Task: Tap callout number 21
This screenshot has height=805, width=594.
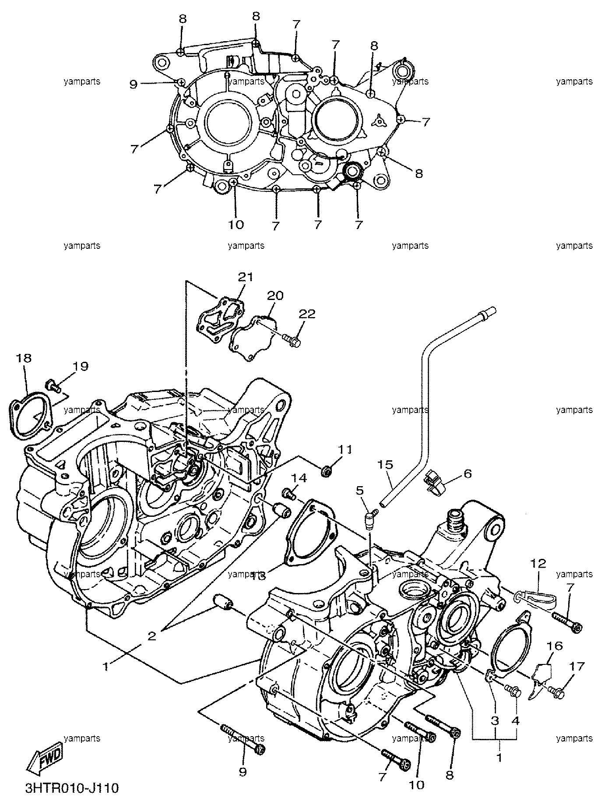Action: click(246, 277)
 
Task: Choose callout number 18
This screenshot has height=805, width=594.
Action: click(24, 358)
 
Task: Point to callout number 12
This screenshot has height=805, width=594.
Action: click(539, 563)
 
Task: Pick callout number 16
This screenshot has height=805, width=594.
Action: click(555, 646)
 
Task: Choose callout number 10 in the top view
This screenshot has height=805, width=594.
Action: click(236, 225)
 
